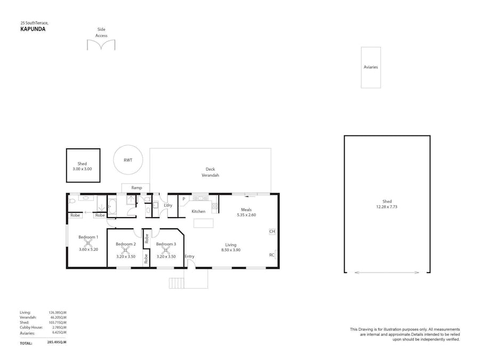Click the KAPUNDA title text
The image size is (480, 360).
33,29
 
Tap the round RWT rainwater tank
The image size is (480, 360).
128,159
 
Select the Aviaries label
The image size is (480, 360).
371,67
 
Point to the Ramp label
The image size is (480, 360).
137,188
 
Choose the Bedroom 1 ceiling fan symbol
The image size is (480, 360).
89,243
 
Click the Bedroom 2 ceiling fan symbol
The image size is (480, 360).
126,250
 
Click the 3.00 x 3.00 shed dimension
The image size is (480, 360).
82,169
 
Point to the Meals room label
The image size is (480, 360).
246,210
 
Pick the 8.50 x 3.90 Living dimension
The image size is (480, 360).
230,250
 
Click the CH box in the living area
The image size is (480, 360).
272,231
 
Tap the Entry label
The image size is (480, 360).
189,257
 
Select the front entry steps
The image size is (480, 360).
177,283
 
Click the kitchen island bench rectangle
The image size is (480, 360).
203,223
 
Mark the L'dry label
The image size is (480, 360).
168,205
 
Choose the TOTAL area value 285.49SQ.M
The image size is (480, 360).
57,343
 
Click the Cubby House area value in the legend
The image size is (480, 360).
59,327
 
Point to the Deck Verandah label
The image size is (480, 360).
210,172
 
